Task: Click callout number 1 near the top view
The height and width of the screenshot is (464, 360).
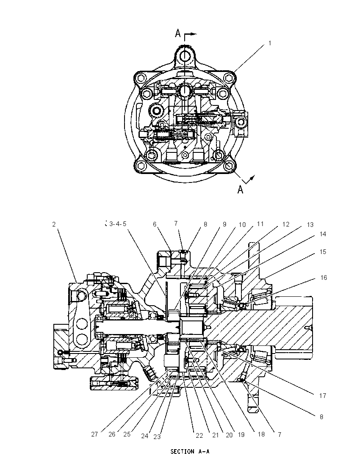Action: click(270, 43)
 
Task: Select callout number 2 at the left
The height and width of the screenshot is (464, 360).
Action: click(54, 224)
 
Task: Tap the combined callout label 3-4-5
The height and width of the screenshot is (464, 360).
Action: click(118, 224)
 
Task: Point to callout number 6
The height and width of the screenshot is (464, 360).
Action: click(155, 224)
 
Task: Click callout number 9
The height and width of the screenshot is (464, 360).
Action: click(224, 224)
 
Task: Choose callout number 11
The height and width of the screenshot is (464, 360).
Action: click(260, 224)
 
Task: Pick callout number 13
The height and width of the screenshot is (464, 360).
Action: click(310, 225)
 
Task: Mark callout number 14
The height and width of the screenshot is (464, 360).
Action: click(323, 234)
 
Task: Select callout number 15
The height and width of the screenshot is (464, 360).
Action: click(323, 252)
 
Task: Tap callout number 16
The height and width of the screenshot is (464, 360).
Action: click(324, 278)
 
